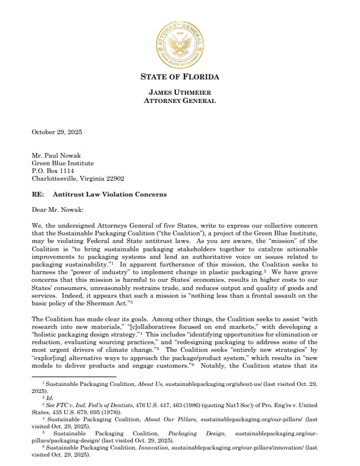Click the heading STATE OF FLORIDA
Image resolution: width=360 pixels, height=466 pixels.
coord(179,77)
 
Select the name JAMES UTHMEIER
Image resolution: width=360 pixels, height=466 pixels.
coord(179,92)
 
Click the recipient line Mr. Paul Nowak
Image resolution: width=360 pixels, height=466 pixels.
coord(57,156)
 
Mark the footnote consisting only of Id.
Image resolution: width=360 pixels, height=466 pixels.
coord(49,391)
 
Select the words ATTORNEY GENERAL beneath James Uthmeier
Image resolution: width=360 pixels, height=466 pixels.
coord(179,101)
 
